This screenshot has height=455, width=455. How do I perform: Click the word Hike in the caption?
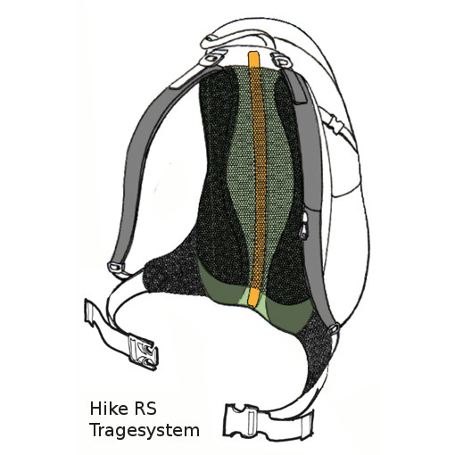tap(107, 409)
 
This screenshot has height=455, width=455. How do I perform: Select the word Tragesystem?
tap(145, 431)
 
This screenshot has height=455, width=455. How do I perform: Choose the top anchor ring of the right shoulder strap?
tap(281, 58)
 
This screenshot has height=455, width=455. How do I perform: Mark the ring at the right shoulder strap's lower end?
tap(334, 328)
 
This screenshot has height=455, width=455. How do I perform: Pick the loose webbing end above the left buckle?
tap(95, 316)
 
